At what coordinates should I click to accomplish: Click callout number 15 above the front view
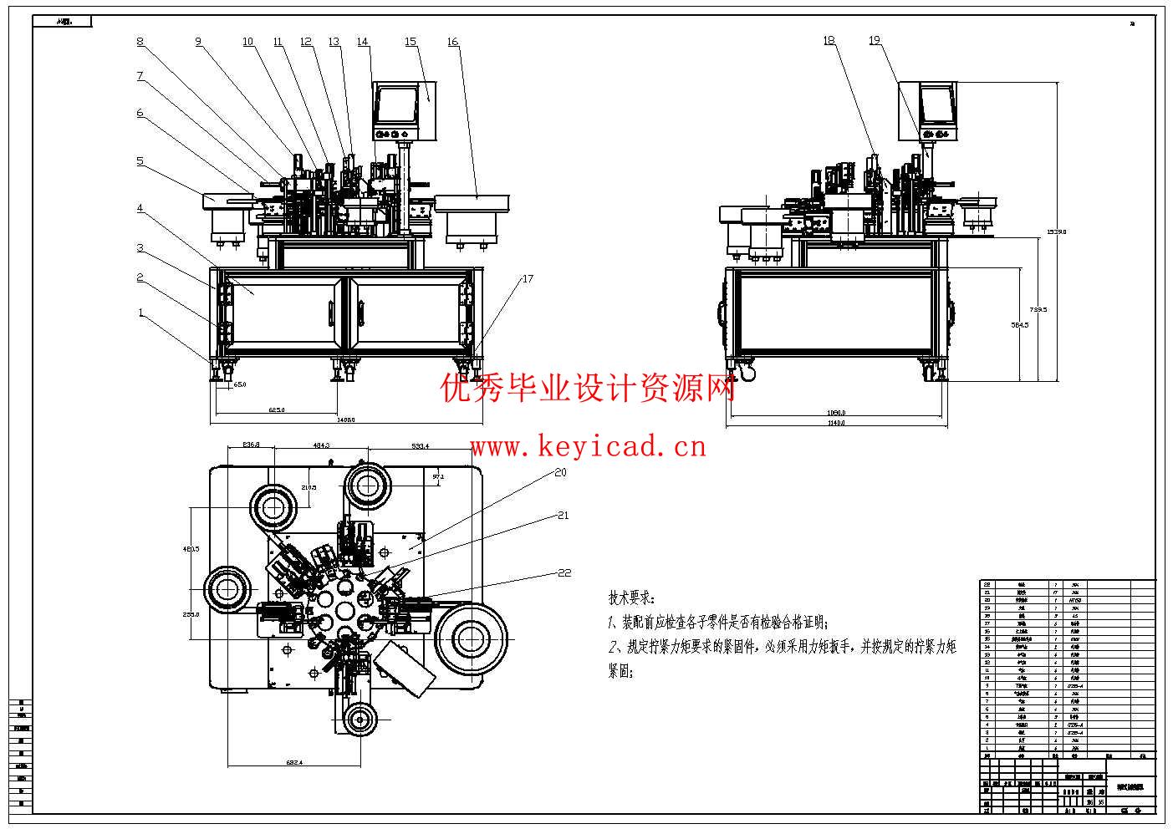point(410,42)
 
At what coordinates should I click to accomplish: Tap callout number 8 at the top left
point(140,42)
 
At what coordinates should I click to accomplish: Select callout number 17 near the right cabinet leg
point(527,279)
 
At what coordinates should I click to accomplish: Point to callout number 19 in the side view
point(875,40)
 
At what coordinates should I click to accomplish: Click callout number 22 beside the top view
point(564,572)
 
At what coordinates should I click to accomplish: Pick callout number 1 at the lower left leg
point(141,313)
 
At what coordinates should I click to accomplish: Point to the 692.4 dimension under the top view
point(295,762)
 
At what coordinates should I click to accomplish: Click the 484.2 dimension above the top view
point(321,446)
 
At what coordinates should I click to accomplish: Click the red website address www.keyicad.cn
point(589,447)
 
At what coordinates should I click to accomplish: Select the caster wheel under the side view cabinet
point(747,374)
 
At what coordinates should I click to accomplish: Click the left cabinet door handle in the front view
point(330,312)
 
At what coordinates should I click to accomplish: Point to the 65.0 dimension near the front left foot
point(239,384)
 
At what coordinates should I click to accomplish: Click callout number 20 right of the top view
point(560,472)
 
